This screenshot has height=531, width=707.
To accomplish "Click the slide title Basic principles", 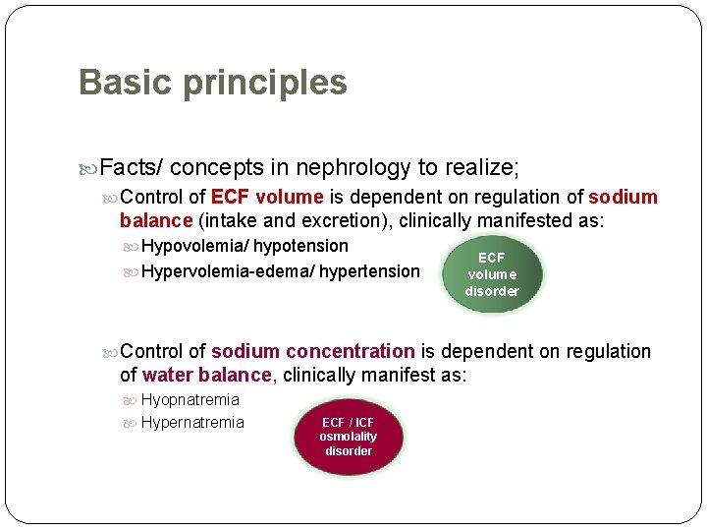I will click(x=212, y=83).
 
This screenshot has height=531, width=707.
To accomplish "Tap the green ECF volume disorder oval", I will click(x=492, y=274).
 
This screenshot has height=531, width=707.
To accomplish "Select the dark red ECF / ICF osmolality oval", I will click(x=349, y=437).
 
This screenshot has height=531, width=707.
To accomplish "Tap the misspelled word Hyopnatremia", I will click(x=190, y=399).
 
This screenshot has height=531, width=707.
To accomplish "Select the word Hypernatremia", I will click(x=192, y=423).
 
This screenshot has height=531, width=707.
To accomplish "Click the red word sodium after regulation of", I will click(x=623, y=197).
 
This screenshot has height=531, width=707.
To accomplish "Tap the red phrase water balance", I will click(x=206, y=375).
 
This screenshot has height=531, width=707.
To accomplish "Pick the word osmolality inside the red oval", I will click(x=349, y=437).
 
